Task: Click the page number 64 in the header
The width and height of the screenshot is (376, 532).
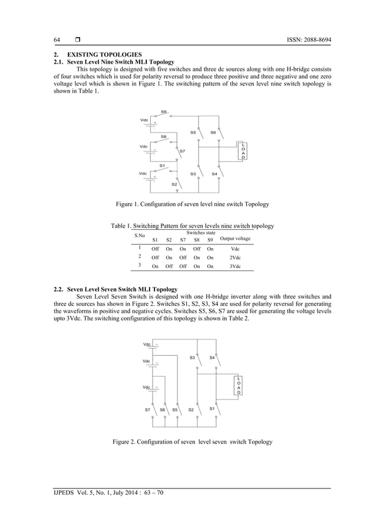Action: pos(57,39)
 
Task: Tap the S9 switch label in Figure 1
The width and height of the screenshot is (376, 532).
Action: pos(164,111)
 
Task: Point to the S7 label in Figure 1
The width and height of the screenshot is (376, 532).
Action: pos(183,151)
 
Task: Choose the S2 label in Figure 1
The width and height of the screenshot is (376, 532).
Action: pos(174,184)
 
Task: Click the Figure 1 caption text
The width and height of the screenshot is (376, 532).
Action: pos(192,204)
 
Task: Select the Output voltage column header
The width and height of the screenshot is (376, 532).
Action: pos(235,239)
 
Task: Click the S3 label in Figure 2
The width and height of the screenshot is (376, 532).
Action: pos(192,358)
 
